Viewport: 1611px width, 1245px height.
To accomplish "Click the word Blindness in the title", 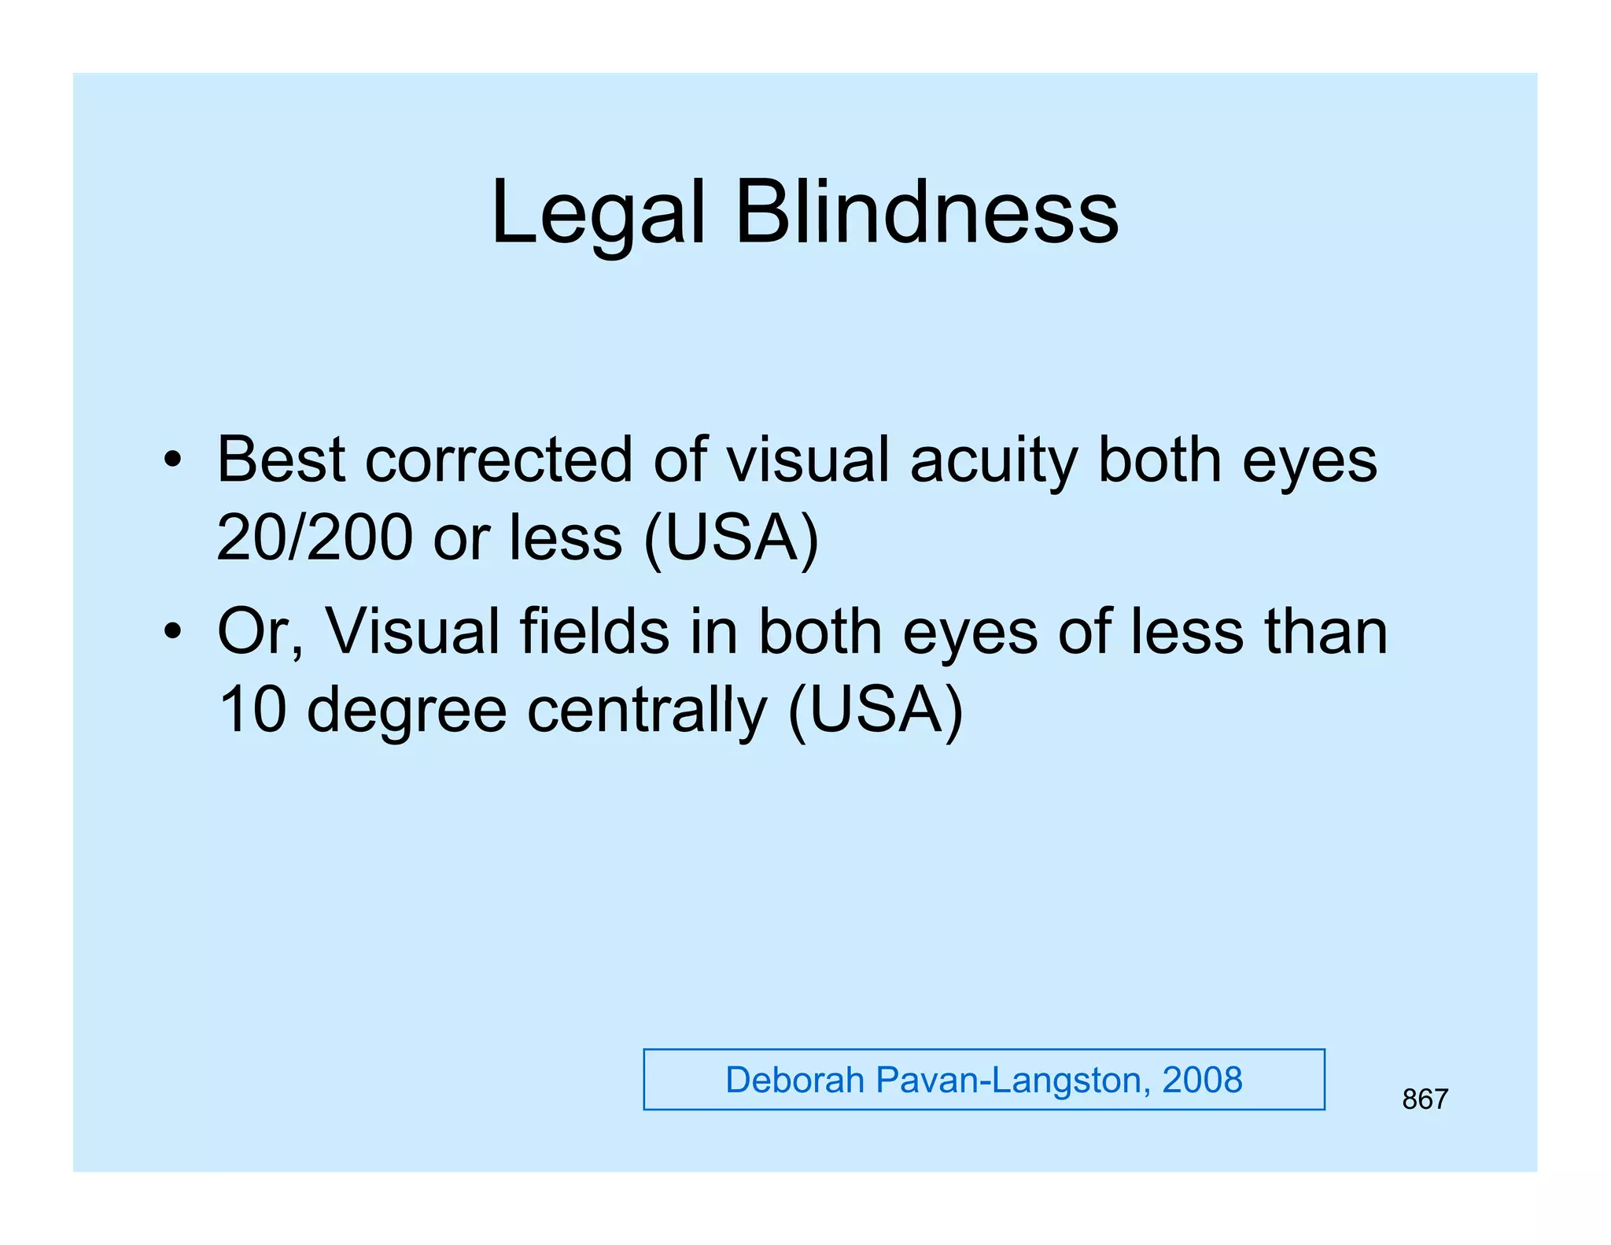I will pyautogui.click(x=926, y=213).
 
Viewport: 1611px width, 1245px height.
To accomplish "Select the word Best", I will pyautogui.click(x=281, y=460).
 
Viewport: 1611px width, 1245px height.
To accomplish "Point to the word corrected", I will pyautogui.click(x=499, y=460).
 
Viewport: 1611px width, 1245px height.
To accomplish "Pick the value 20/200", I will pyautogui.click(x=315, y=538).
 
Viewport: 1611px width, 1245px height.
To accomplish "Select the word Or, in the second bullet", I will pyautogui.click(x=260, y=632).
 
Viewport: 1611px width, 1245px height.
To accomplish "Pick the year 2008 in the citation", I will pyautogui.click(x=1202, y=1080).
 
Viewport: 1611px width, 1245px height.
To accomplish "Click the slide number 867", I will pyautogui.click(x=1425, y=1099).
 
